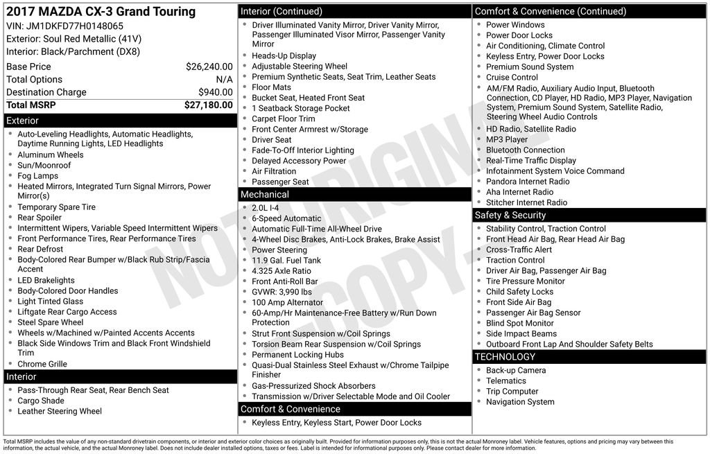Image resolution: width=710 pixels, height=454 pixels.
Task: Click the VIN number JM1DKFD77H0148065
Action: point(75,26)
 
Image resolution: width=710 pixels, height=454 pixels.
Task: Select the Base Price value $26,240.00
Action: point(209,67)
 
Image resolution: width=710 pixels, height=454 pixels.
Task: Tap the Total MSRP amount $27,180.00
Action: point(208,105)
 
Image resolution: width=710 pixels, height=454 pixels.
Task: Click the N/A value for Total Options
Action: point(224,80)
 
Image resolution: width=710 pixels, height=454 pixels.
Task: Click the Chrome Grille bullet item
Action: point(42,364)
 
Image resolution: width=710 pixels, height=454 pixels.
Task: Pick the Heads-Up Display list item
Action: point(284,55)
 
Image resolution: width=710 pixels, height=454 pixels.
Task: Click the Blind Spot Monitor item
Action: point(519,323)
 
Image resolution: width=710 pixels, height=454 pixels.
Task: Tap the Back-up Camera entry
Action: point(515,370)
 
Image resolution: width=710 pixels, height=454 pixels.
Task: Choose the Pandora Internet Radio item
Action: point(528,182)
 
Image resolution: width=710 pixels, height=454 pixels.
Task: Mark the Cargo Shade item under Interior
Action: point(41,401)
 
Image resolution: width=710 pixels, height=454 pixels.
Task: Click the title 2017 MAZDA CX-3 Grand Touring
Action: point(101,11)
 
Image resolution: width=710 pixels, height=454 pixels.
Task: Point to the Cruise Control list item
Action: point(512,78)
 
